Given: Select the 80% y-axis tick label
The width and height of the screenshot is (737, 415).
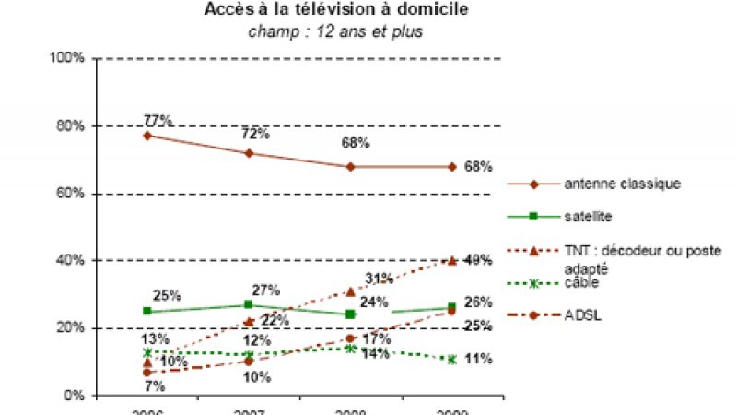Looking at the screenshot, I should [x=71, y=125].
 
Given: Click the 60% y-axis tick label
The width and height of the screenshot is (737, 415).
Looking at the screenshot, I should [x=71, y=194].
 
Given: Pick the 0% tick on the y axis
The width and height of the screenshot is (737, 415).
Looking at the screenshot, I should [x=75, y=396].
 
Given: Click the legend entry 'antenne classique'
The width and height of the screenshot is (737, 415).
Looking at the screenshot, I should [x=622, y=184].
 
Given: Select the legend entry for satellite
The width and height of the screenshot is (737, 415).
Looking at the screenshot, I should [x=590, y=217].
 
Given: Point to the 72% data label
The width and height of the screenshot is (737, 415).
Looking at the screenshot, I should [x=255, y=134].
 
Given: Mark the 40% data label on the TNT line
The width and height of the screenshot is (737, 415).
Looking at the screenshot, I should [x=477, y=260].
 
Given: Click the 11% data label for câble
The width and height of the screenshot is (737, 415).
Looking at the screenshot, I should [x=477, y=359].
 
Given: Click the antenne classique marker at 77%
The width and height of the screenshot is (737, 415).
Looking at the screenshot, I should [x=147, y=136].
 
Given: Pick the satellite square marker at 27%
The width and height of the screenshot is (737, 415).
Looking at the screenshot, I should [x=249, y=304].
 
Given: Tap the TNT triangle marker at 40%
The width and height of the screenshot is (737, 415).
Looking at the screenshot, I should [x=451, y=261].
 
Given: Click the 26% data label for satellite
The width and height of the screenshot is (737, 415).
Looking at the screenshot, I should [x=478, y=302].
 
